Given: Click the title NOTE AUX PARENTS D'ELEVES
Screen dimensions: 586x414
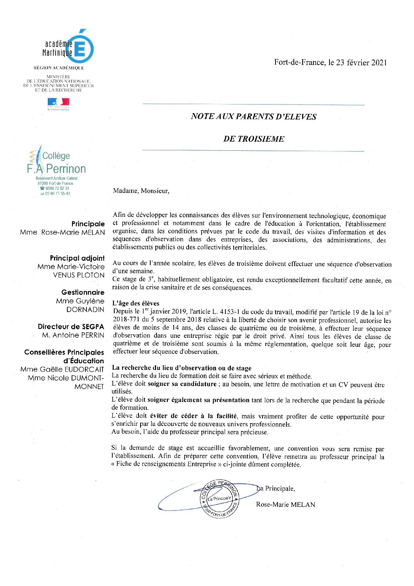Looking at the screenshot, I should tap(254, 117).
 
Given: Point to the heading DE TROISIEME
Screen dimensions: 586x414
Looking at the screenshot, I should tap(254, 139).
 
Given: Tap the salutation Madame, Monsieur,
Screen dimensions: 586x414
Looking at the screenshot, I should tap(141, 191).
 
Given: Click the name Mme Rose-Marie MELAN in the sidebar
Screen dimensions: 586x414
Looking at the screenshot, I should tap(63, 233).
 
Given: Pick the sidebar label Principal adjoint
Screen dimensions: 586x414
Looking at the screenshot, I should tap(77, 258).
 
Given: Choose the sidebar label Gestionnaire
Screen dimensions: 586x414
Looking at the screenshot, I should tap(83, 292).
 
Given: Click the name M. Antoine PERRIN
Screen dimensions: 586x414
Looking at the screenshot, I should tap(73, 335).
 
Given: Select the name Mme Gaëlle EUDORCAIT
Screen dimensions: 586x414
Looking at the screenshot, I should tap(62, 370).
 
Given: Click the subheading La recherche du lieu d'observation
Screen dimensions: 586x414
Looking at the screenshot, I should tap(182, 368).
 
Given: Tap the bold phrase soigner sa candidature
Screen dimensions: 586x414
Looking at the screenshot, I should tap(182, 384).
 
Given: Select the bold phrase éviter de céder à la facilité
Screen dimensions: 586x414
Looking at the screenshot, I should tap(193, 416).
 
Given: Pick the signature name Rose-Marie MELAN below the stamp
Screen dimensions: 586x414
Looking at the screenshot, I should tap(285, 505).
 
